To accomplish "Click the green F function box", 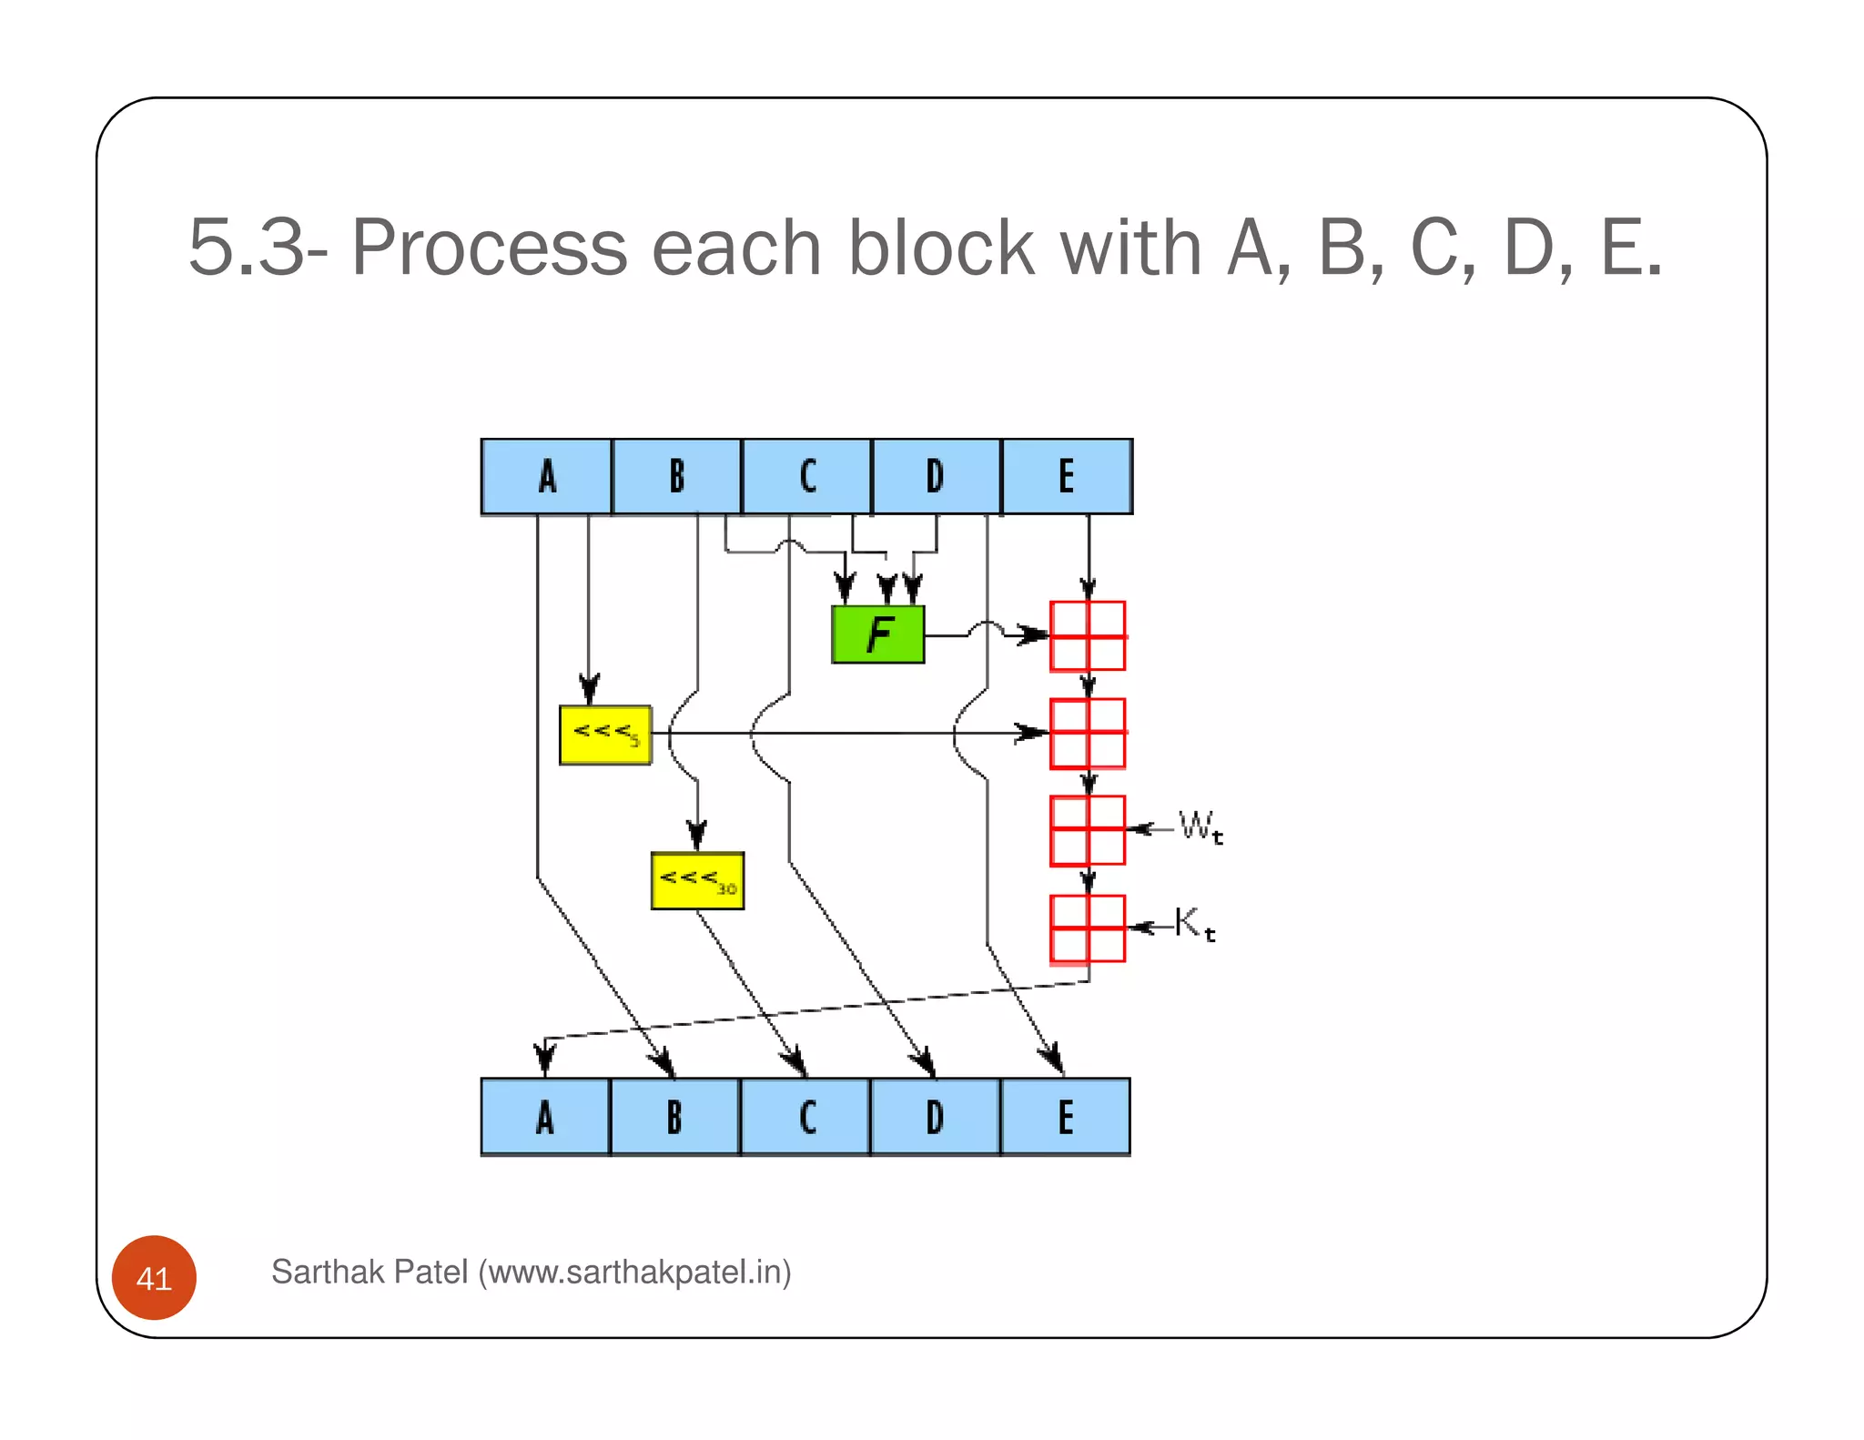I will (877, 634).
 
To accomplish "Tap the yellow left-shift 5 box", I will (605, 735).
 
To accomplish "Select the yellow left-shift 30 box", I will (697, 880).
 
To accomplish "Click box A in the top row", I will (546, 477).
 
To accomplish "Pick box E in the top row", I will (1066, 477).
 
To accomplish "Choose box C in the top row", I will (806, 477).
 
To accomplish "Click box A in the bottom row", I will (545, 1117).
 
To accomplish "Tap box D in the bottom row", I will (935, 1117).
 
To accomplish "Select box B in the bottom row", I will (674, 1117).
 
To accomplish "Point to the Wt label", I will (1200, 827).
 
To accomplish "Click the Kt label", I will (1194, 924).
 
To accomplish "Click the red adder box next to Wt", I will (1088, 830).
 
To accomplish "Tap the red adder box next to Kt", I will (1088, 928).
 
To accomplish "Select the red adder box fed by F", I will (1088, 635).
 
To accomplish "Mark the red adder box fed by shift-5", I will (1088, 733).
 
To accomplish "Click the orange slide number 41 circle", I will (154, 1278).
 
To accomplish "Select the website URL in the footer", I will (634, 1272).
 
